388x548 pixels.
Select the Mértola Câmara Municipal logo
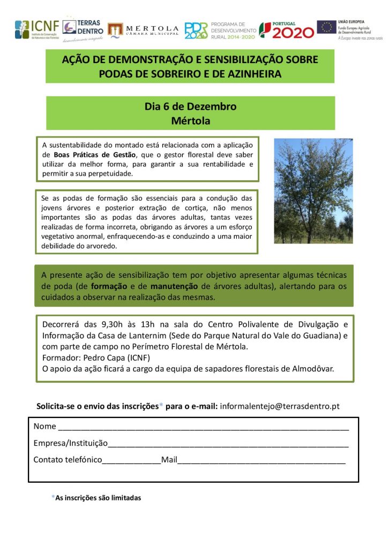143,31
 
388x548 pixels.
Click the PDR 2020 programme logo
220,31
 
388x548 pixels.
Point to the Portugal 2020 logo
287,30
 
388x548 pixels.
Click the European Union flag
326,27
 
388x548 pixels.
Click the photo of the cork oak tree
314,191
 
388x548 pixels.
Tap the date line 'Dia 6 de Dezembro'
190,106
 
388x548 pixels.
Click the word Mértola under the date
190,121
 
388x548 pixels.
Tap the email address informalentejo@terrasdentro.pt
280,406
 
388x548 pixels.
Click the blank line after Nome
204,428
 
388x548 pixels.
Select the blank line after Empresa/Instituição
228,444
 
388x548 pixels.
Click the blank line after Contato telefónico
131,460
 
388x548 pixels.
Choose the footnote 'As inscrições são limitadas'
98,498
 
